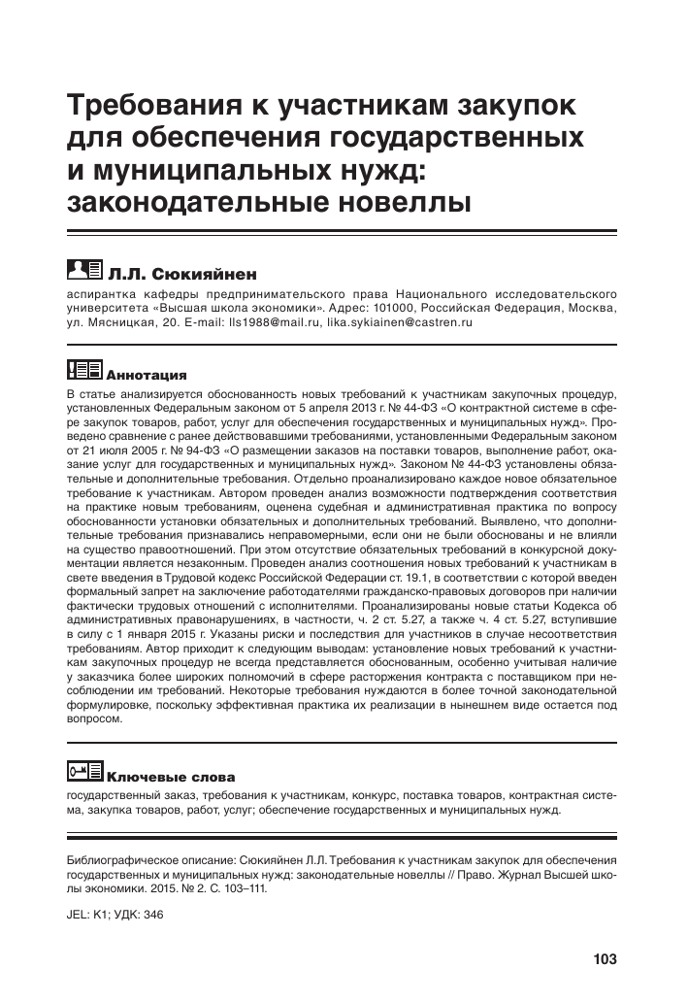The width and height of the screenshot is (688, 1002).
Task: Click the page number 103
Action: pyautogui.click(x=605, y=960)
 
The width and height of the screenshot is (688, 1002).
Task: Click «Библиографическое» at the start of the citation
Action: pyautogui.click(x=121, y=859)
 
